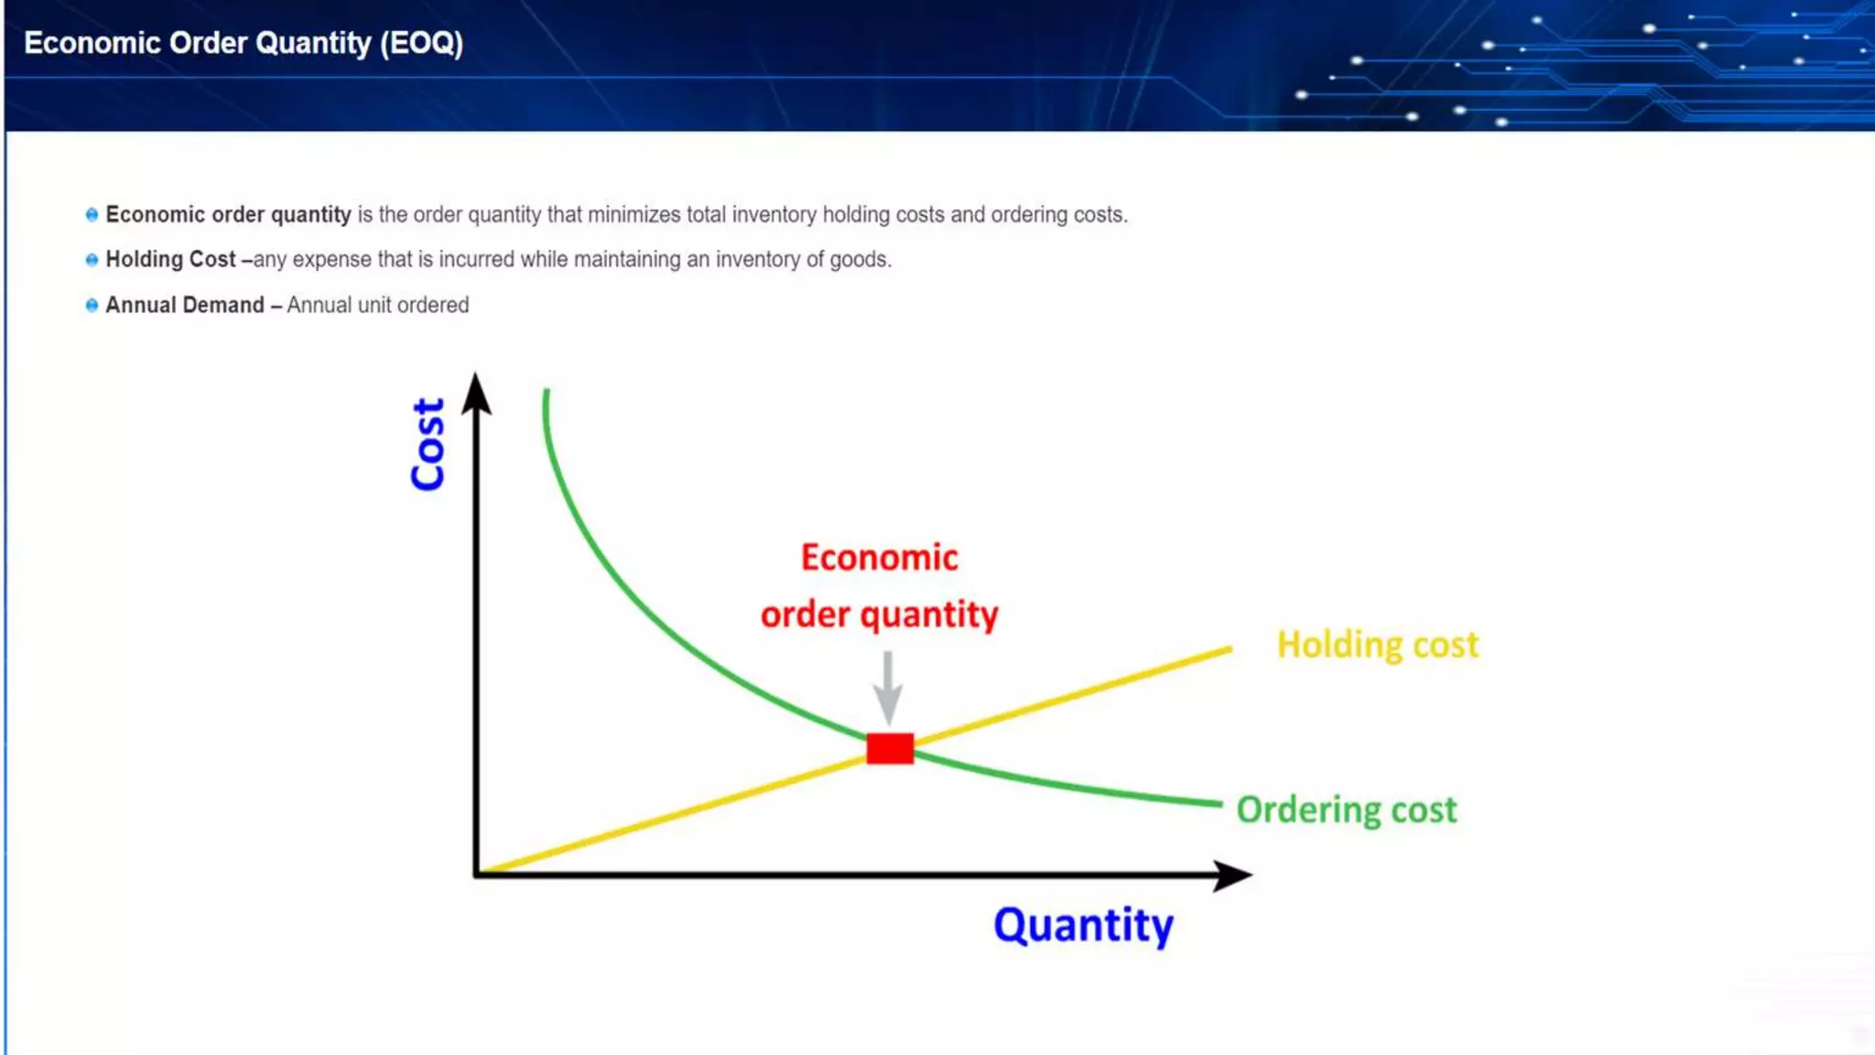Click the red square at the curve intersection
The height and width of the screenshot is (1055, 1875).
click(x=890, y=748)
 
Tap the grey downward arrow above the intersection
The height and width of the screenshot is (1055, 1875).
click(x=887, y=689)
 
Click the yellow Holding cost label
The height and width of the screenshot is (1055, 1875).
click(x=1377, y=646)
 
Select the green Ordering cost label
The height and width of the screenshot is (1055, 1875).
click(x=1346, y=810)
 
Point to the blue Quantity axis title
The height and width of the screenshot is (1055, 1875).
click(x=1083, y=925)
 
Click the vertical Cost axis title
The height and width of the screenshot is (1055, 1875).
click(x=428, y=444)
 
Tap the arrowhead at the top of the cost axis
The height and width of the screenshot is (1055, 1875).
click(x=476, y=394)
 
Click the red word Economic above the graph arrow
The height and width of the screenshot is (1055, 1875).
click(x=879, y=558)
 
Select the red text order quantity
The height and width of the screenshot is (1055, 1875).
click(x=879, y=615)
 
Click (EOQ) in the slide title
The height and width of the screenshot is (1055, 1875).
click(x=422, y=43)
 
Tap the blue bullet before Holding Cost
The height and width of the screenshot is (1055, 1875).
click(x=92, y=260)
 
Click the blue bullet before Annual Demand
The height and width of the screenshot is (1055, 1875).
click(x=92, y=305)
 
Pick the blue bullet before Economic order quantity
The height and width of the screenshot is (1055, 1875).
click(x=92, y=215)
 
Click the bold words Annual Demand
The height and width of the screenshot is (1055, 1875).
click(x=185, y=305)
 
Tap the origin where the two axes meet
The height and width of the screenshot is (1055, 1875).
click(x=477, y=874)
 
